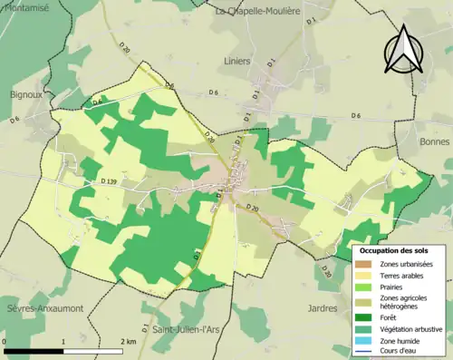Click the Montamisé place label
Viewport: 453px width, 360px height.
point(24,6)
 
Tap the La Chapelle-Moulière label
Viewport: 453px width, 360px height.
point(256,11)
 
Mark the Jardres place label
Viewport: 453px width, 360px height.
point(323,308)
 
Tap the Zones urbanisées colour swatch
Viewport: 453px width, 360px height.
point(366,264)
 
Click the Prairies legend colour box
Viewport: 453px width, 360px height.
point(366,287)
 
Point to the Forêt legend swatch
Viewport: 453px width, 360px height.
point(366,317)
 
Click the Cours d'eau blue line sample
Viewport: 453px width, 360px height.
point(366,353)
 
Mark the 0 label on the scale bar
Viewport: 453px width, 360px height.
point(5,342)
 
